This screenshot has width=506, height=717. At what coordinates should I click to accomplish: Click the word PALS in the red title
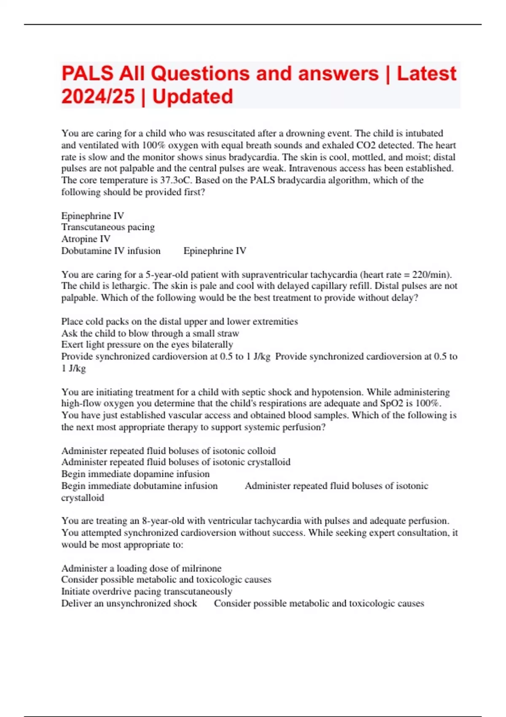[88, 73]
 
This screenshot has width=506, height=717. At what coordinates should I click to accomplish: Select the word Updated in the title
[193, 97]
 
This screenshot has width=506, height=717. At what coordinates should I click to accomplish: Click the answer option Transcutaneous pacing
[108, 227]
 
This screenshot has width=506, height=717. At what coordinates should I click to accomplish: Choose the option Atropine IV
[86, 239]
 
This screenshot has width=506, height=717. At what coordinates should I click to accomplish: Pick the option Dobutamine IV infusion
[111, 251]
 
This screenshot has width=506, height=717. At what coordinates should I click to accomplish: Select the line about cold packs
[179, 321]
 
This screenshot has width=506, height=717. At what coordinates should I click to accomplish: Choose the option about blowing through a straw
[150, 333]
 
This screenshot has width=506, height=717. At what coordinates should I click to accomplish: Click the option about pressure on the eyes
[147, 345]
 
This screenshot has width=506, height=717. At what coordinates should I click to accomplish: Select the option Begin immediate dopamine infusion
[135, 474]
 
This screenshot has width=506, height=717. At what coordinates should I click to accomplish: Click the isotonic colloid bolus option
[168, 451]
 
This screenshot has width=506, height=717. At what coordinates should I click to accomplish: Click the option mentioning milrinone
[141, 568]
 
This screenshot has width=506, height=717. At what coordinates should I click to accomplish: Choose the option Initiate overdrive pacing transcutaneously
[147, 592]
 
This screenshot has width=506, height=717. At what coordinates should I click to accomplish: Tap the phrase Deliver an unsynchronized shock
[129, 604]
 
